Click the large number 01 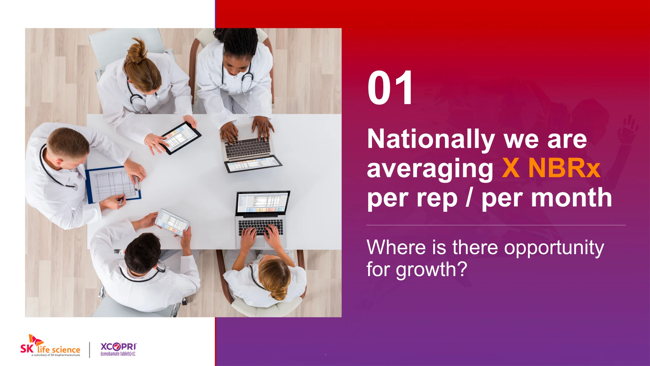(390, 88)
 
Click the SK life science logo (50, 346)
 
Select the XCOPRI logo (118, 349)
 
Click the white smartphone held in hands (172, 222)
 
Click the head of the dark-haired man (143, 253)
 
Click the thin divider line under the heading (496, 225)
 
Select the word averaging (430, 169)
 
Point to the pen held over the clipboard (121, 200)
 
